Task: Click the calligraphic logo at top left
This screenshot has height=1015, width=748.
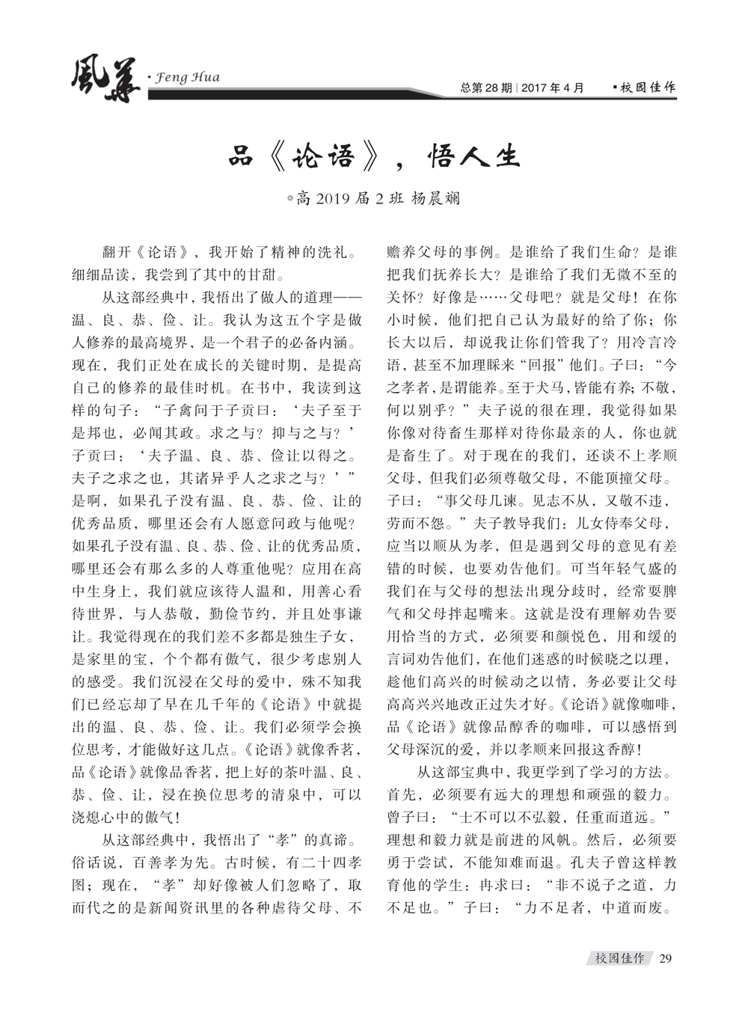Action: [x=105, y=81]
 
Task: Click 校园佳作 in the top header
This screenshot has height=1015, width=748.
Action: [x=647, y=88]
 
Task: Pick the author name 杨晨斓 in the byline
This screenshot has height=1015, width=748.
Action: [x=436, y=198]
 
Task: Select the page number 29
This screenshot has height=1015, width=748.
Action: [x=666, y=958]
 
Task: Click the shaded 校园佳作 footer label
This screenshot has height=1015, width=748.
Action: [x=619, y=958]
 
